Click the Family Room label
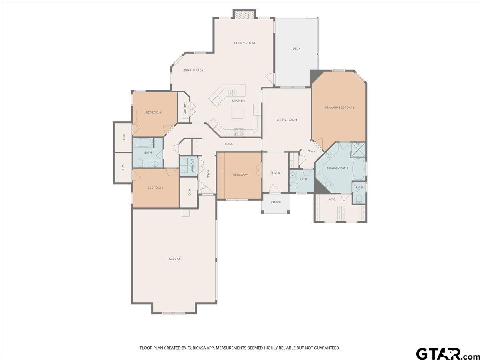[x=244, y=43]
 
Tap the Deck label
[x=296, y=48]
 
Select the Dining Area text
[x=194, y=70]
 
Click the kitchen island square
[x=237, y=113]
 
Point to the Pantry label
[x=185, y=108]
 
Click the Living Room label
[x=287, y=120]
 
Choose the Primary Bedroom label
[x=339, y=108]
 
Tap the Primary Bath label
[x=337, y=168]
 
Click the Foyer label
[x=275, y=173]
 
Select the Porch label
[x=276, y=202]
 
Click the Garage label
[x=175, y=259]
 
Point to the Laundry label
[x=192, y=166]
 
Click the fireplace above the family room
[x=244, y=14]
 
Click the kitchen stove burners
[x=239, y=133]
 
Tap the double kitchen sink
[x=232, y=93]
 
